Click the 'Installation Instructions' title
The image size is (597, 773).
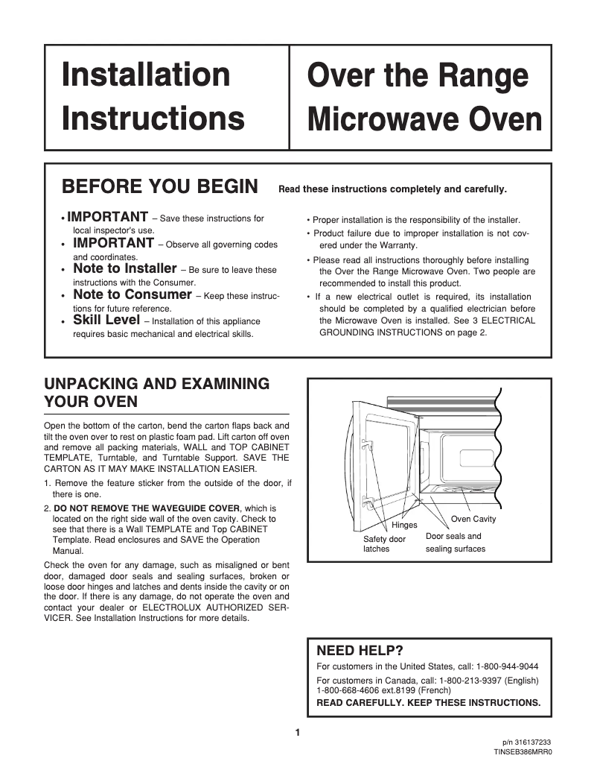(153, 96)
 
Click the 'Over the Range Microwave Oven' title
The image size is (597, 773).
(424, 98)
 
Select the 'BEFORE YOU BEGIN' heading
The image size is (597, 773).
(160, 186)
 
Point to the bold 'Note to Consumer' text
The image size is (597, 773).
(132, 295)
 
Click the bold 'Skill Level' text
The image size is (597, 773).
(106, 321)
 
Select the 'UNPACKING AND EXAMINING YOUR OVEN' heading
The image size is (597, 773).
(156, 393)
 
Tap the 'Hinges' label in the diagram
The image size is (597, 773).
(404, 526)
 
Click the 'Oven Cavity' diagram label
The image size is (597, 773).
(473, 519)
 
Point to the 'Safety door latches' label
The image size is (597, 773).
(384, 543)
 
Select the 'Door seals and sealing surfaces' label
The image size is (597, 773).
(455, 543)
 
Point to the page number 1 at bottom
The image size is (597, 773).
(298, 733)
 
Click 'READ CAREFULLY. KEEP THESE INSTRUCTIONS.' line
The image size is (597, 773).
(428, 702)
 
